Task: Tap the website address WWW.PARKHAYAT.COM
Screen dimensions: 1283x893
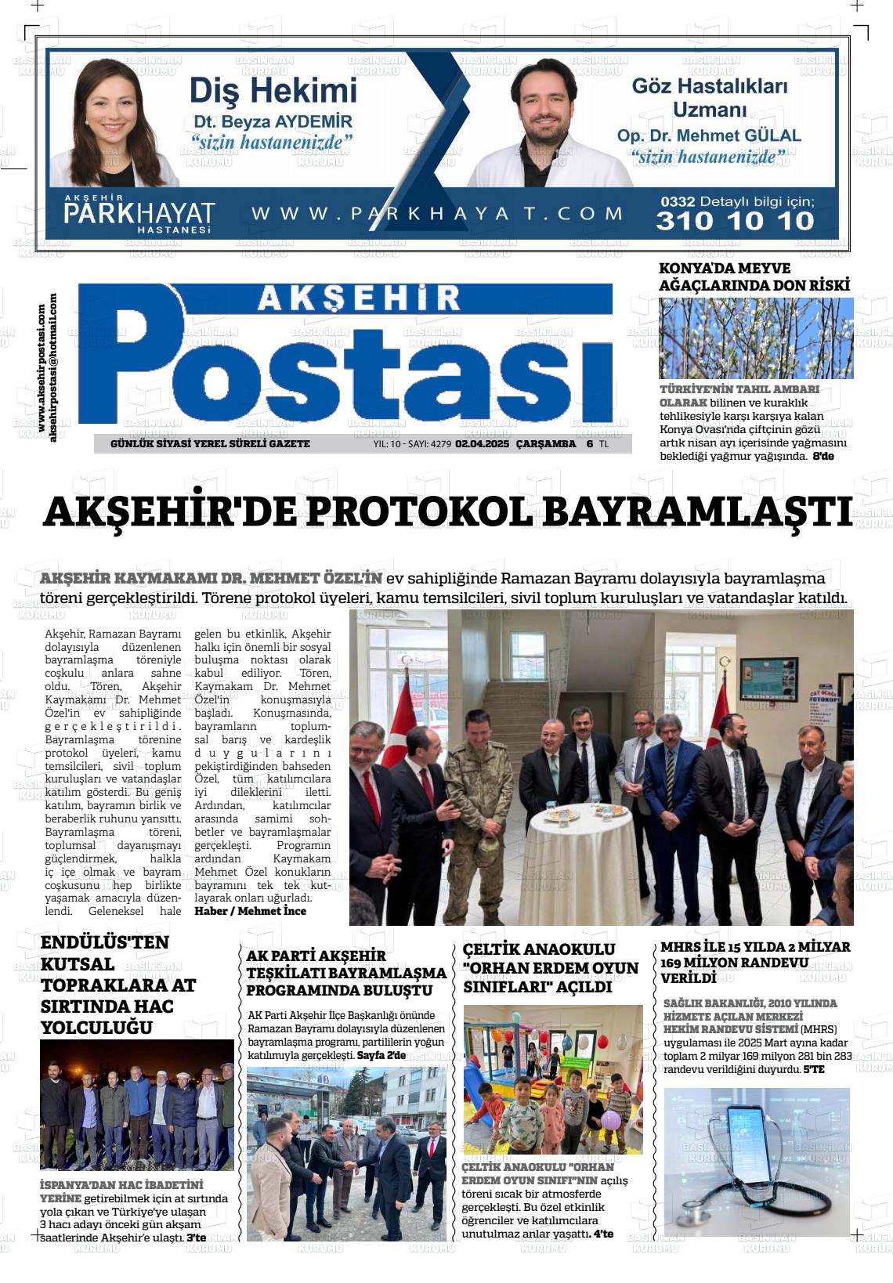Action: [437, 213]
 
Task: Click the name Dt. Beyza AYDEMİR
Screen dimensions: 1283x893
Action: [273, 122]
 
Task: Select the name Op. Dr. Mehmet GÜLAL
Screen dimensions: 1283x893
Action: [709, 136]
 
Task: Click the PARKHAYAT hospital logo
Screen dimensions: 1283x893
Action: [139, 213]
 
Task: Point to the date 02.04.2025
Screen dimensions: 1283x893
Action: [483, 444]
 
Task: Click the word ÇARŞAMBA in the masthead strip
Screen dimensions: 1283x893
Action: [546, 444]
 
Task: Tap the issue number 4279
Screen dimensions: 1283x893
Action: [440, 444]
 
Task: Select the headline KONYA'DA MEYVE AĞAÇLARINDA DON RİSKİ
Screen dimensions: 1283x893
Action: [754, 276]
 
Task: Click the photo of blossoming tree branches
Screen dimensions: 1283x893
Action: [756, 338]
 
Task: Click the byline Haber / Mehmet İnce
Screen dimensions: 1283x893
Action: [250, 911]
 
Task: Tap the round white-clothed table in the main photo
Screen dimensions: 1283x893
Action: [578, 862]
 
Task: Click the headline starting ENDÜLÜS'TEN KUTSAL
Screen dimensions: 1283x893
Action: [117, 985]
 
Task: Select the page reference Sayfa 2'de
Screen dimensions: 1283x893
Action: [381, 1055]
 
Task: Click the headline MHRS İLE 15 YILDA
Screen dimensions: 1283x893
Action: [754, 962]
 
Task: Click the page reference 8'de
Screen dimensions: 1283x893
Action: [822, 456]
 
